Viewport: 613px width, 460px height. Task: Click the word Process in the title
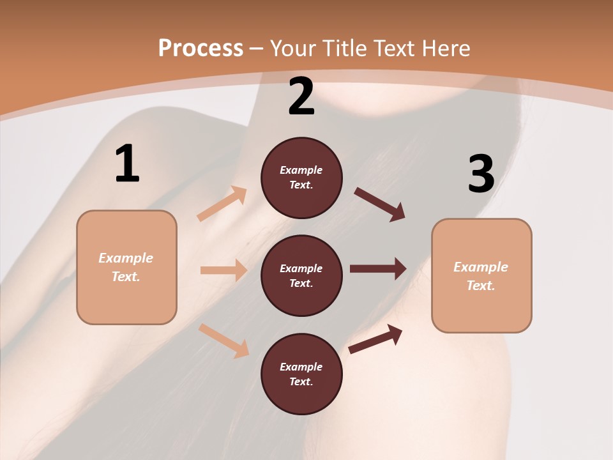point(201,49)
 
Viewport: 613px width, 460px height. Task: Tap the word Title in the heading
point(344,49)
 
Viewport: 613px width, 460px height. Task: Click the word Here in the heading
point(444,49)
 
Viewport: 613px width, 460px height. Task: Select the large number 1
point(127,164)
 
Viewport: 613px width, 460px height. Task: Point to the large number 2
point(301,96)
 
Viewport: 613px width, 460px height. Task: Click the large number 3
point(481,174)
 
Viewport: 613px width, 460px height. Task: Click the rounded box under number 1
point(126,267)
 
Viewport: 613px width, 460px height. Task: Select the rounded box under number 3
point(481,276)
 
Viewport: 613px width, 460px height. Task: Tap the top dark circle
point(301,178)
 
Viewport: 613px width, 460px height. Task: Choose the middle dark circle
point(301,275)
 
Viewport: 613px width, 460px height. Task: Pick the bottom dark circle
point(301,374)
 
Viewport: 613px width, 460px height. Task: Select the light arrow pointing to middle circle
point(223,270)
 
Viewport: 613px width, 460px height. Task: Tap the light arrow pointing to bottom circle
point(223,341)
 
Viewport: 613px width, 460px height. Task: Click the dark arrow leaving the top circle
point(380,204)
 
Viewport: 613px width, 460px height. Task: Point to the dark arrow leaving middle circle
point(378,268)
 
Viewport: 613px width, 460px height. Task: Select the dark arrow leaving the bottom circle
point(375,339)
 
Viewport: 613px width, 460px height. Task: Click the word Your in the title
point(292,49)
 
